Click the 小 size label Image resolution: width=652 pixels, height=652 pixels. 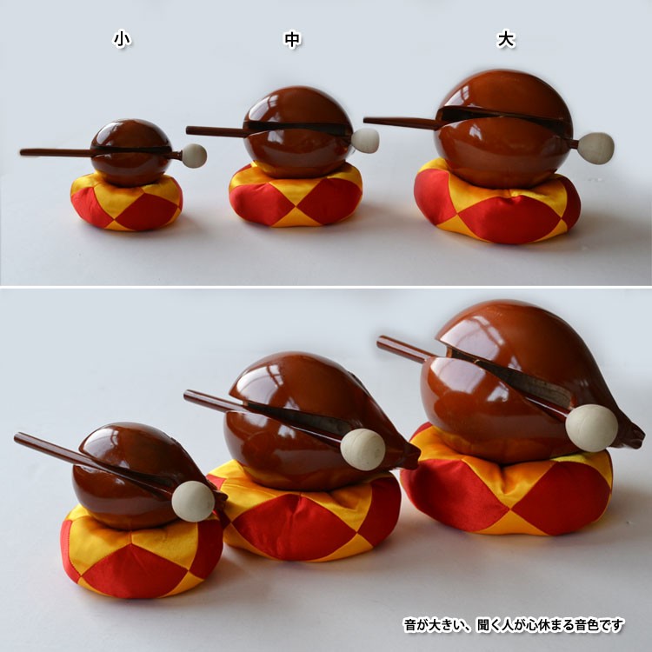click(122, 39)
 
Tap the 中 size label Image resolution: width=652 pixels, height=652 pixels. click(292, 39)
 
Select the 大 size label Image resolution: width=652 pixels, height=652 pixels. click(506, 39)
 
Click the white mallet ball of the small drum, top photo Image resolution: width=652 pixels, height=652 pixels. click(194, 156)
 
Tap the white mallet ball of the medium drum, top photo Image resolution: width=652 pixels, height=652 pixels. click(365, 140)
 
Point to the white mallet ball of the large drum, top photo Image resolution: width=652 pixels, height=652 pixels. click(596, 148)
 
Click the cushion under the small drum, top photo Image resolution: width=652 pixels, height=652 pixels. click(126, 203)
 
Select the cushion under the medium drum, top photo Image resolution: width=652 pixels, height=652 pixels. click(296, 196)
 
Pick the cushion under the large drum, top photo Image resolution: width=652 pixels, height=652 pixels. click(497, 203)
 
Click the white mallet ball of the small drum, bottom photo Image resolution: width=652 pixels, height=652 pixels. click(193, 501)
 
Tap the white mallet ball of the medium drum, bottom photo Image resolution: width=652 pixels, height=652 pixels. click(363, 449)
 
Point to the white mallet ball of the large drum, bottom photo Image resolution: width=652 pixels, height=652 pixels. click(591, 428)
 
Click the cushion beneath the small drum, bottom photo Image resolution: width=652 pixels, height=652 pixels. click(142, 553)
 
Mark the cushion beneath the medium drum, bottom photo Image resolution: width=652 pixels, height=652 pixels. click(306, 514)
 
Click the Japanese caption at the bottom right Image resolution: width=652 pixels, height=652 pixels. click(514, 624)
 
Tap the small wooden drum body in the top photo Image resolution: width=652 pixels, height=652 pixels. click(131, 152)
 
